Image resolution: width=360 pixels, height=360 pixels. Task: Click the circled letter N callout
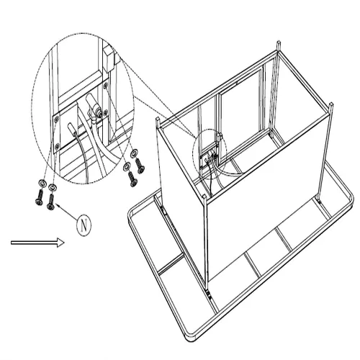click(x=84, y=226)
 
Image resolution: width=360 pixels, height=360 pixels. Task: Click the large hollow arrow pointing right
click(x=37, y=243)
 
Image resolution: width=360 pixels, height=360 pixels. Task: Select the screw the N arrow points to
click(x=51, y=202)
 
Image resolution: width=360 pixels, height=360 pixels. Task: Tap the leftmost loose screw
click(x=39, y=197)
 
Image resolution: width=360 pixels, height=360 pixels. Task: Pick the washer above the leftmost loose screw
click(x=42, y=183)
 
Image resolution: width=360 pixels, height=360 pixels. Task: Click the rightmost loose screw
click(x=140, y=166)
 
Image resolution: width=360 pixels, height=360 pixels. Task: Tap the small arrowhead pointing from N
click(x=58, y=205)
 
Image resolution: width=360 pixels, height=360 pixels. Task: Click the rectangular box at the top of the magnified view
click(x=109, y=59)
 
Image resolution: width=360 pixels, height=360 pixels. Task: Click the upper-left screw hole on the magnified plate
click(x=57, y=118)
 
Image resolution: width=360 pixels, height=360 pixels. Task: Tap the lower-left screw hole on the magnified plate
click(x=57, y=145)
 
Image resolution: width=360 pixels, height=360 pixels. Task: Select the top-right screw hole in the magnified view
click(x=105, y=85)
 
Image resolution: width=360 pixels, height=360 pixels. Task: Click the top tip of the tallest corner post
click(x=278, y=42)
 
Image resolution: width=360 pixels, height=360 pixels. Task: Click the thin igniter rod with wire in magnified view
click(x=72, y=128)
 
